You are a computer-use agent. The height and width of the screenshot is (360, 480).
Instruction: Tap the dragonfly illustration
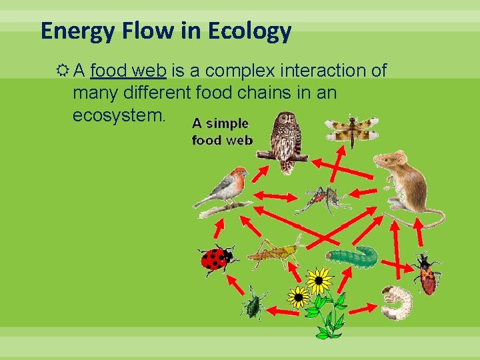click(x=351, y=129)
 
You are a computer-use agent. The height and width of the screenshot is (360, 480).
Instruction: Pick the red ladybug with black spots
click(x=216, y=259)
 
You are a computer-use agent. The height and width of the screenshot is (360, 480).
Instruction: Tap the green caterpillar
click(x=352, y=256)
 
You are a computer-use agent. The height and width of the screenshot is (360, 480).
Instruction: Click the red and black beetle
click(x=425, y=275)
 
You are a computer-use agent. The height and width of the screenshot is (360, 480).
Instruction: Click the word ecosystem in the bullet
click(x=117, y=115)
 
